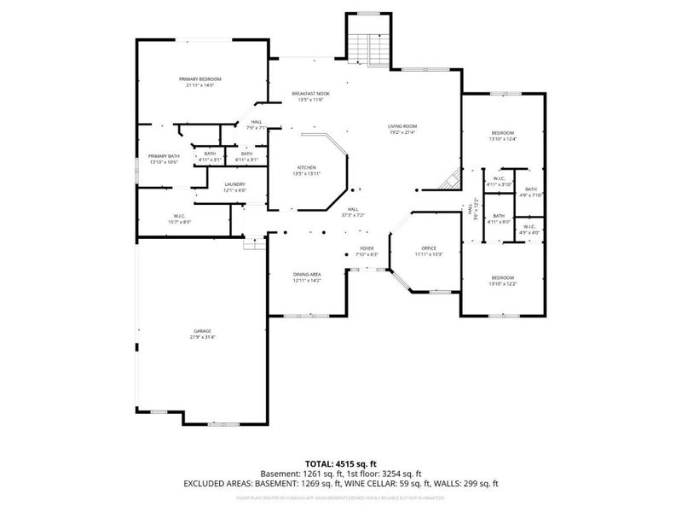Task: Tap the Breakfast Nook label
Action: coord(310,94)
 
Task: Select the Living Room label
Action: coord(403,126)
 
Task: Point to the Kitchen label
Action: coord(307,167)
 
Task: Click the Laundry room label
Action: coord(235,184)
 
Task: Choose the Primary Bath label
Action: coord(164,156)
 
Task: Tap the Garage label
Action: coord(201,331)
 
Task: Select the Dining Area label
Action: coord(307,275)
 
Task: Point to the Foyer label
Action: coord(366,248)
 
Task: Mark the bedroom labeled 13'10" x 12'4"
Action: coord(503,133)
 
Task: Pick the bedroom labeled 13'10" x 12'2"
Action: coord(502,278)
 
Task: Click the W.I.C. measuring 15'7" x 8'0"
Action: coord(179,216)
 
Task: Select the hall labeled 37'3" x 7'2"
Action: coord(353,210)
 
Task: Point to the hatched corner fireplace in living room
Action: coord(449,180)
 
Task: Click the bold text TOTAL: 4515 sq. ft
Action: coord(341,463)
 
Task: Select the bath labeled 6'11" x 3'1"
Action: coord(246,154)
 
